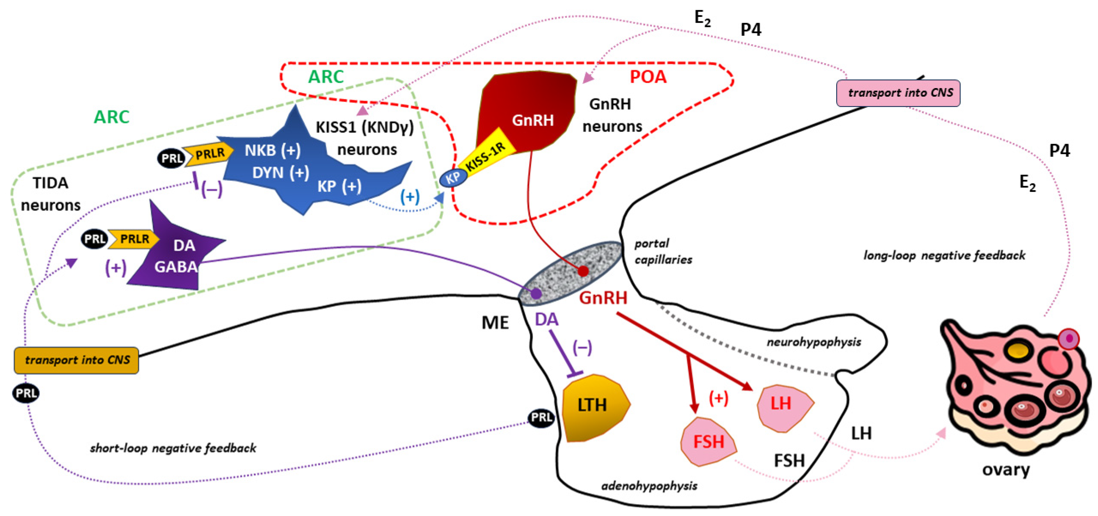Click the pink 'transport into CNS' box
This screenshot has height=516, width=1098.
click(898, 93)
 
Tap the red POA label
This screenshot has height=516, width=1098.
click(648, 77)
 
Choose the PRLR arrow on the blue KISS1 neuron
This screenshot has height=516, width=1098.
click(209, 154)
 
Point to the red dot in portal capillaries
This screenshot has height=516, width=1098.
click(583, 271)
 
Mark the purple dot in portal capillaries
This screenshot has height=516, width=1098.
click(536, 293)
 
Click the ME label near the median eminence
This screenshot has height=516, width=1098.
click(495, 323)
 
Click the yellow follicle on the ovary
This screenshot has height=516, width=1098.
click(1018, 350)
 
